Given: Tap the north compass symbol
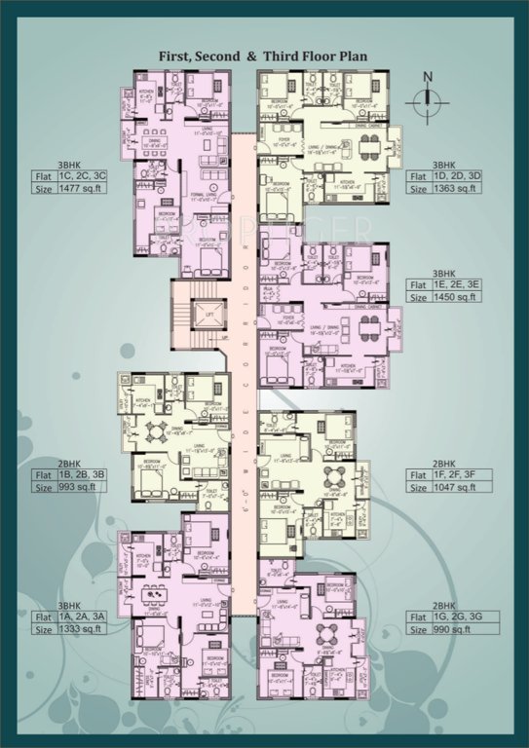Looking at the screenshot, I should (x=427, y=97).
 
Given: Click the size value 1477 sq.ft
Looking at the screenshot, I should (x=83, y=189).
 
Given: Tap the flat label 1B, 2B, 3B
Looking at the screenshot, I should (x=83, y=474).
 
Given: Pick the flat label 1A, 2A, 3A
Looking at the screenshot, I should (x=83, y=617).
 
